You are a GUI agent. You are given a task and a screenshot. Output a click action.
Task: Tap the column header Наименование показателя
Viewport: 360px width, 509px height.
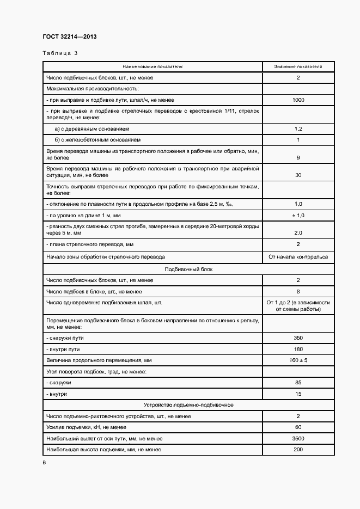coord(152,67)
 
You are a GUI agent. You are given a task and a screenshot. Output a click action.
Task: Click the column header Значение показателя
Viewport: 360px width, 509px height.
coord(298,67)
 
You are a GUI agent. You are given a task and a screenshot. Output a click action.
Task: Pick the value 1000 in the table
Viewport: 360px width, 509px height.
coord(298,100)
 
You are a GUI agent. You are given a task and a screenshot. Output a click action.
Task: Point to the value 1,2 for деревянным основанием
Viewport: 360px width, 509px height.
coord(298,129)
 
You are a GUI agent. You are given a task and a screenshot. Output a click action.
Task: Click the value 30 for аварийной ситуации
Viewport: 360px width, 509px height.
coord(298,175)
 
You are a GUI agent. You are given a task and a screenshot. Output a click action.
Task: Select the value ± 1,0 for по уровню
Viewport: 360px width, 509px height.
coord(298,216)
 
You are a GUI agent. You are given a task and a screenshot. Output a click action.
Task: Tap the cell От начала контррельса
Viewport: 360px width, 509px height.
coord(298,256)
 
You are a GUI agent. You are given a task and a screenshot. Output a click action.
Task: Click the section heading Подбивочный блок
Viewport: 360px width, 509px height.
coord(188,269)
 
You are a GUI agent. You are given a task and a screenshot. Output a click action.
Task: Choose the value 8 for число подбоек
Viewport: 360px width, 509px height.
coord(298,291)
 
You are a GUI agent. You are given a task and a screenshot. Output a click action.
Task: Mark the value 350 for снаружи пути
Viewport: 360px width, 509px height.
coord(298,338)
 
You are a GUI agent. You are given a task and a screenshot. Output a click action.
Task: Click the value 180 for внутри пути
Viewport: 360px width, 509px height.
coord(298,349)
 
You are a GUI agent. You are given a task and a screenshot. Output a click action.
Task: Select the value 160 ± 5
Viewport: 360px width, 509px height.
coord(298,360)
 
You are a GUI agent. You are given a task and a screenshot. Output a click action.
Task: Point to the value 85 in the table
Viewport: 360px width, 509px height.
coord(298,383)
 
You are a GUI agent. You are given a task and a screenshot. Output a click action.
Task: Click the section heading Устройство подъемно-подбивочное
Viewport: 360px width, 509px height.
coord(188,405)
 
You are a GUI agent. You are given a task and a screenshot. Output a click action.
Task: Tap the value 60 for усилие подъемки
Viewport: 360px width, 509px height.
coord(298,427)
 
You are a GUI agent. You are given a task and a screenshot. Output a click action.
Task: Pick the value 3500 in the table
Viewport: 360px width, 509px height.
coord(298,438)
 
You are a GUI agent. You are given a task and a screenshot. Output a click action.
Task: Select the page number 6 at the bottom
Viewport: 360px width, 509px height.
coord(44,462)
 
